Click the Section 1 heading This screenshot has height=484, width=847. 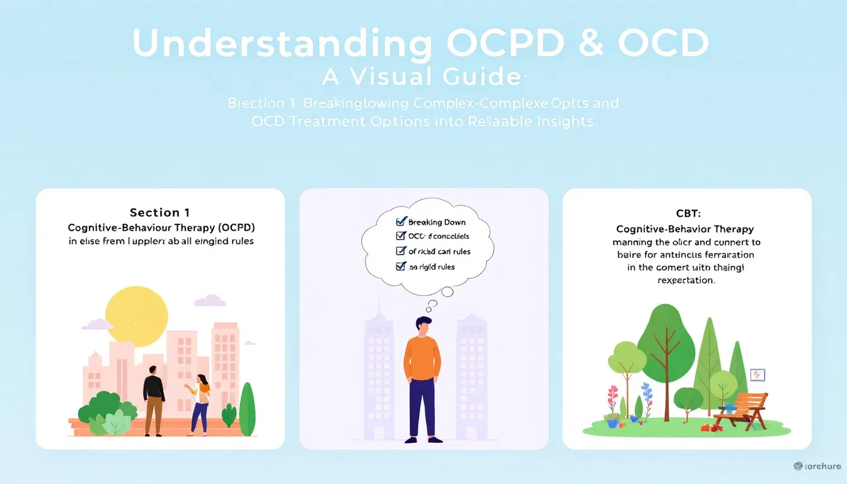coord(160,212)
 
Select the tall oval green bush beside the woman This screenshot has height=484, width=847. coord(247,409)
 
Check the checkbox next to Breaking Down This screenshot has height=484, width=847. coord(400,222)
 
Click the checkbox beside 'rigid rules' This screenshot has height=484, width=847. coord(400,267)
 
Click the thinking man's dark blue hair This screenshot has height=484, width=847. coord(423,322)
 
